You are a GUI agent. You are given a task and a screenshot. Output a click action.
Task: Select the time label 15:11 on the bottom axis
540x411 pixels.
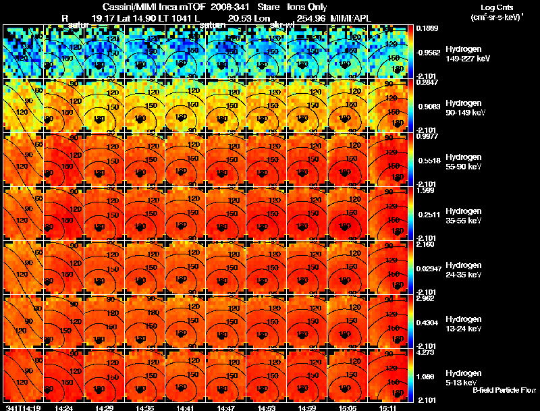[387, 408]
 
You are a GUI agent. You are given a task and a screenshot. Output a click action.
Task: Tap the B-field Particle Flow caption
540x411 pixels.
[504, 390]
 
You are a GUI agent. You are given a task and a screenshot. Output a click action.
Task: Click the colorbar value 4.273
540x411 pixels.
[427, 352]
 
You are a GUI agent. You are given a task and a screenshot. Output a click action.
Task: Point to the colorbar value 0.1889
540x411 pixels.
[427, 28]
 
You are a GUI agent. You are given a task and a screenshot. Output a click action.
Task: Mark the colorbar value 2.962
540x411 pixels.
[427, 298]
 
